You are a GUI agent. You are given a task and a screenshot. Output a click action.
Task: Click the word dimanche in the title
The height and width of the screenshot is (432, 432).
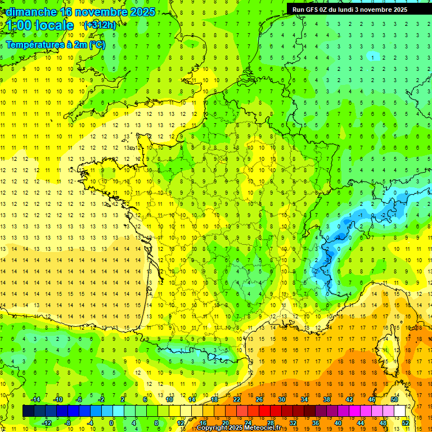pyautogui.click(x=28, y=12)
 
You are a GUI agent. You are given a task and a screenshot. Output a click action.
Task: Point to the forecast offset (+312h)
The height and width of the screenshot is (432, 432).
pyautogui.click(x=100, y=25)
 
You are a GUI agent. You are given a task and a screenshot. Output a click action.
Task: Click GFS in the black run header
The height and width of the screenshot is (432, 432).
pyautogui.click(x=311, y=10)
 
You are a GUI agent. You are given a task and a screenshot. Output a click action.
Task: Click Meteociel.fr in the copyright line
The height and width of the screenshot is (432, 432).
pyautogui.click(x=262, y=428)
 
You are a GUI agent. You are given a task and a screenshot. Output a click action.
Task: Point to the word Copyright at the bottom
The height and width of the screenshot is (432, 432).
pyautogui.click(x=213, y=428)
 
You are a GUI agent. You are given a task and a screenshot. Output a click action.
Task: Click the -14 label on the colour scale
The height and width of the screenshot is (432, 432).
pyautogui.click(x=35, y=399)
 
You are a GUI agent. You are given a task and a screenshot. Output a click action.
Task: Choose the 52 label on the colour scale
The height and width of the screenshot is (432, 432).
pyautogui.click(x=405, y=423)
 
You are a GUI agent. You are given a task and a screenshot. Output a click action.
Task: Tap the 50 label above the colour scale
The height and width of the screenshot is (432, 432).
pyautogui.click(x=394, y=399)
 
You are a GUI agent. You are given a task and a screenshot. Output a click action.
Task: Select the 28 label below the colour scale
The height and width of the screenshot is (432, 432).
pyautogui.click(x=270, y=423)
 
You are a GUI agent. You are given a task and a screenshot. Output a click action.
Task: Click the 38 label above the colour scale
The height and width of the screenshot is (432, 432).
pyautogui.click(x=326, y=399)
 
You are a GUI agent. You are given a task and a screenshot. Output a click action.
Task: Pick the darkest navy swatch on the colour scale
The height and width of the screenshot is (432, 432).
pyautogui.click(x=28, y=411)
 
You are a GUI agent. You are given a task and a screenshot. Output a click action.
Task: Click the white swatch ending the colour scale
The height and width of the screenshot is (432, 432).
pyautogui.click(x=400, y=411)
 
